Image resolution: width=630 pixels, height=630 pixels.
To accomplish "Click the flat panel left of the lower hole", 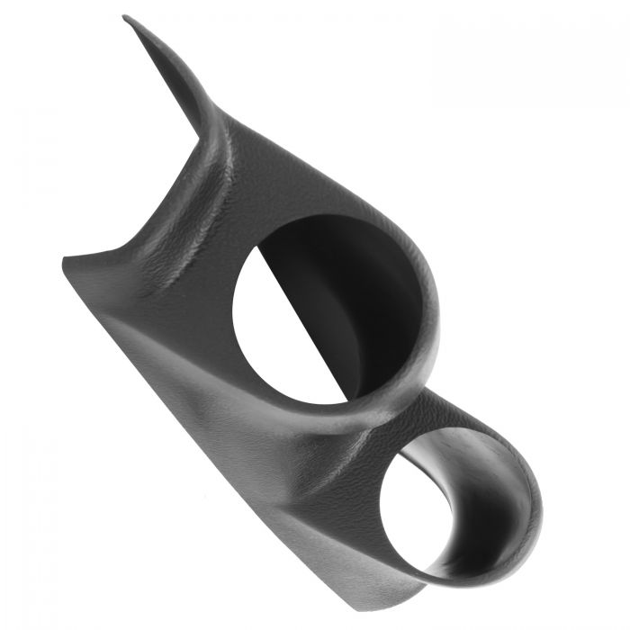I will pos(297,504).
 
